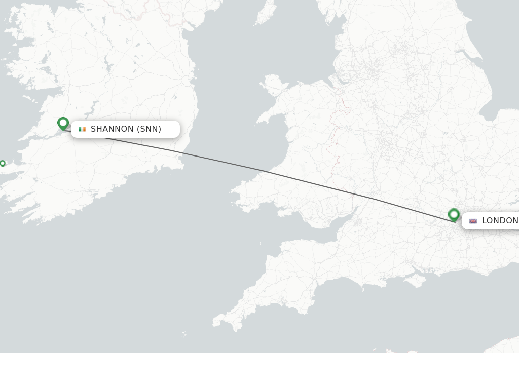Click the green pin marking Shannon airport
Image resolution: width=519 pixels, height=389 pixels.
point(63,123)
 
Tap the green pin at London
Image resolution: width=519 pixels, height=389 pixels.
point(454,215)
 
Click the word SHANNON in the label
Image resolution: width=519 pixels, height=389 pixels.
point(112,129)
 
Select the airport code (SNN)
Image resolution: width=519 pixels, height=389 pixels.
point(149,129)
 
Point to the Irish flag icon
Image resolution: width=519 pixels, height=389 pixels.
point(82,129)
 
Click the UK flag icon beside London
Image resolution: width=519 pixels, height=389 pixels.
point(473,221)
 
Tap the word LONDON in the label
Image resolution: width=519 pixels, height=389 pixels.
point(500,221)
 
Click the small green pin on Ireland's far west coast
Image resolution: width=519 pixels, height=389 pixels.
point(3,163)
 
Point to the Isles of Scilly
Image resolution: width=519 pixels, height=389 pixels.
point(184,334)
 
